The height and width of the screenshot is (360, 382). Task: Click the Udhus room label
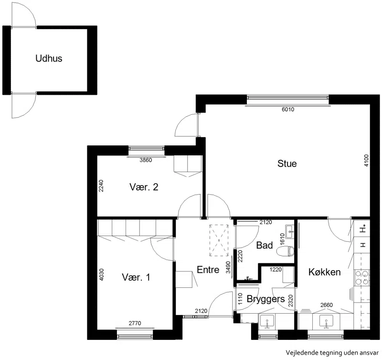coord(49,58)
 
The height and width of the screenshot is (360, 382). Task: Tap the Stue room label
coord(287,164)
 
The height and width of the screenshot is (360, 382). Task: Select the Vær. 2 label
coord(144,187)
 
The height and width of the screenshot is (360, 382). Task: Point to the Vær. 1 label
coord(136,277)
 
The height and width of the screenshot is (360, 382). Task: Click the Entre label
coord(208,270)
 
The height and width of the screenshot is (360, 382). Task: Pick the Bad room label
coord(265,245)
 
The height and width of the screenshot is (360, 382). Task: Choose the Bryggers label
coord(265,299)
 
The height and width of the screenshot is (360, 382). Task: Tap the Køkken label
coord(325,272)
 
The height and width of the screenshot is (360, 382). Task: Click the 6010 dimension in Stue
coord(288,109)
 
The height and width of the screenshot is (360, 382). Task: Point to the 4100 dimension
coord(366,161)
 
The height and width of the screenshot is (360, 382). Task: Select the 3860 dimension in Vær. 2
coord(146,160)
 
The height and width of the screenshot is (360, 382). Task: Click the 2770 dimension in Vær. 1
coord(135,323)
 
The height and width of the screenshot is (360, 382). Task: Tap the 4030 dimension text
coord(102,274)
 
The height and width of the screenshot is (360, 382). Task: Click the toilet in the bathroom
coord(286,251)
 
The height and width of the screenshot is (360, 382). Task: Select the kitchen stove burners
coord(361,278)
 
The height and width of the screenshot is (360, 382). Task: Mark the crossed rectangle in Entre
coord(219,240)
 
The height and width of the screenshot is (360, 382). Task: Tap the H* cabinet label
coord(363,229)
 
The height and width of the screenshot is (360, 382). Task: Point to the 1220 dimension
coord(276,270)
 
